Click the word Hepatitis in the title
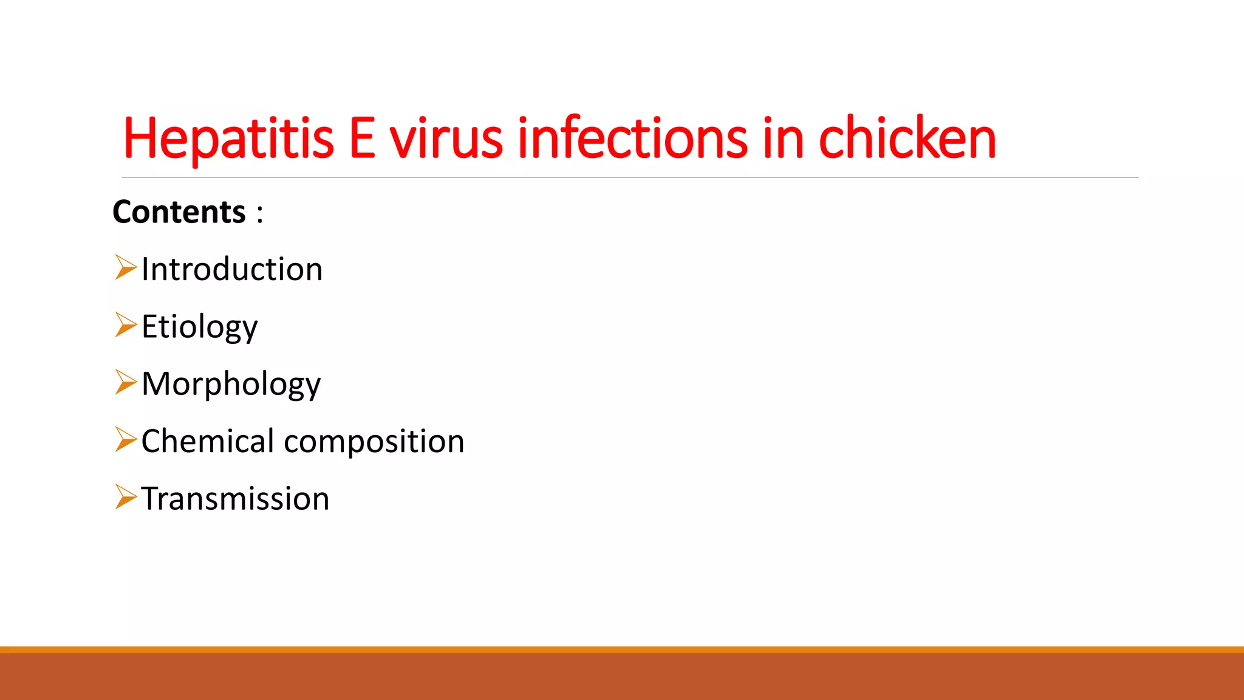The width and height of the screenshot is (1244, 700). coord(228,139)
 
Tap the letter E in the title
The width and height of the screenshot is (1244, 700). coord(362,139)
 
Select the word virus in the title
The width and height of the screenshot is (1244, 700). coord(446,139)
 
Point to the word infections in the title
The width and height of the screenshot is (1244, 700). coord(632,139)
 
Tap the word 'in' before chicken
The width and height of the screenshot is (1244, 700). coord(784,139)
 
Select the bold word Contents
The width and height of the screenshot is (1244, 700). coord(179,212)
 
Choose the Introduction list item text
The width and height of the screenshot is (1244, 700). coord(232,269)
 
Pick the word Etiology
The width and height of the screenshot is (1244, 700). coord(199,327)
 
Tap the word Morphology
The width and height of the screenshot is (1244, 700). coord(231,384)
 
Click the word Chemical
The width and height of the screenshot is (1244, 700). coord(208,441)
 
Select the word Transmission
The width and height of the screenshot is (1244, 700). coord(235,499)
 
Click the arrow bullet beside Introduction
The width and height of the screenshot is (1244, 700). coord(126,268)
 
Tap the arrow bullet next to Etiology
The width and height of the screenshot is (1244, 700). coord(126,325)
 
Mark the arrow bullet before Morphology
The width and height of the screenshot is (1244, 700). coord(126,382)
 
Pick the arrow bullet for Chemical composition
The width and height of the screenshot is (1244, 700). coord(126,439)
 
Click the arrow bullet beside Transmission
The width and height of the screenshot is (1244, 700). coord(126,497)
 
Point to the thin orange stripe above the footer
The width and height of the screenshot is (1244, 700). coord(622,650)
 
